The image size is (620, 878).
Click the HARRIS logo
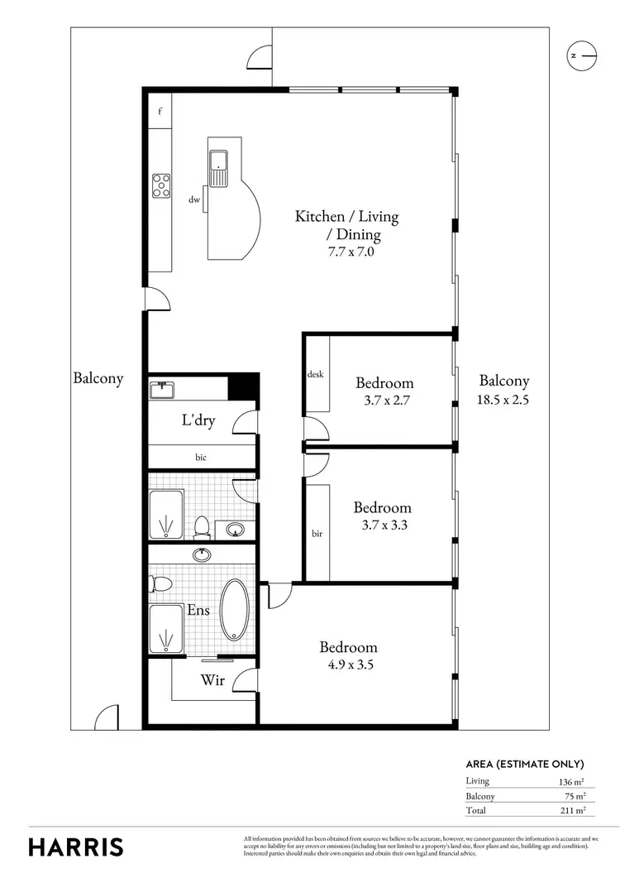pos(76,847)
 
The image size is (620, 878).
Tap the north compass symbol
pos(581,56)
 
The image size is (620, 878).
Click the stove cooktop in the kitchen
pos(160,185)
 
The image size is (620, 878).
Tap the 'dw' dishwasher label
pos(194,199)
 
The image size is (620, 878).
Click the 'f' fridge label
pos(160,109)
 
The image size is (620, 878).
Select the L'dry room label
pos(198,420)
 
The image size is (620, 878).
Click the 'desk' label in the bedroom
pos(315,374)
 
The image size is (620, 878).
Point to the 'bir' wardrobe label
pos(317,534)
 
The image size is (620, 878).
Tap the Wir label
pos(212,681)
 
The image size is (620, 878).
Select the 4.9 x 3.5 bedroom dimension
pos(349,664)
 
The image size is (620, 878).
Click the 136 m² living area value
pos(571,780)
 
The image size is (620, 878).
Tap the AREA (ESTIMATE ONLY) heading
pos(525,764)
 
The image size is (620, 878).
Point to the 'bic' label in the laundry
pos(201,457)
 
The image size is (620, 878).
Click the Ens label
pos(198,611)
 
